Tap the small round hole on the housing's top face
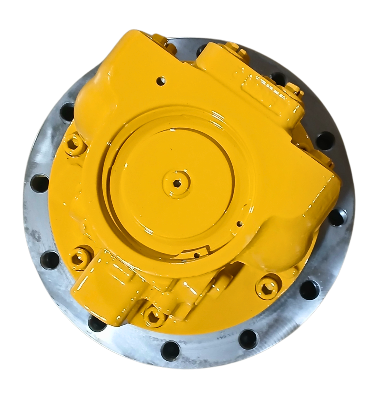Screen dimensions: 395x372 161,80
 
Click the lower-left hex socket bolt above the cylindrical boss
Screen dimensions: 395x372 80,255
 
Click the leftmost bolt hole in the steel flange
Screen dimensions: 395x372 40,183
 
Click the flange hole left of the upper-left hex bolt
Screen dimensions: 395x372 68,109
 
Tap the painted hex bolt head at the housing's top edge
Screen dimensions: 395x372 234,49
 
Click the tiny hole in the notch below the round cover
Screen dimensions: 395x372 196,254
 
